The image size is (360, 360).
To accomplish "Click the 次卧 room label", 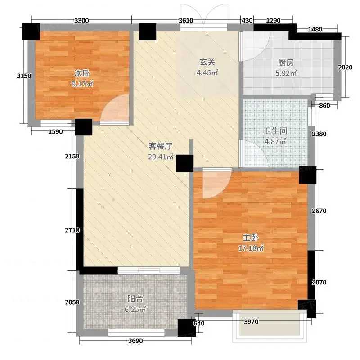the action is [x=82, y=73].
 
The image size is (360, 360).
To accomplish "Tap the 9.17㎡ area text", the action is [x=82, y=84].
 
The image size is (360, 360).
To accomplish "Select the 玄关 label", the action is [x=207, y=62].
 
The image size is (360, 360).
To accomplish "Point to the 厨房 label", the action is [x=286, y=63].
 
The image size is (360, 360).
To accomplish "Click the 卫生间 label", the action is [x=275, y=131].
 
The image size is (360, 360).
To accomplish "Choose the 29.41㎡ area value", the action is [x=161, y=157].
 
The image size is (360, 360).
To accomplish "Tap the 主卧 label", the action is [x=251, y=238].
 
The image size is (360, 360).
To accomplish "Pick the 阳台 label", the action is [x=135, y=299].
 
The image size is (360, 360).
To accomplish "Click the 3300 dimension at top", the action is [x=81, y=20].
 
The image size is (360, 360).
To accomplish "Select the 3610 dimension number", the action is [x=186, y=20].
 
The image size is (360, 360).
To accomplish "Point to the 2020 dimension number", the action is [x=345, y=67].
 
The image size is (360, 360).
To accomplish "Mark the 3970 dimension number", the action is [x=251, y=321].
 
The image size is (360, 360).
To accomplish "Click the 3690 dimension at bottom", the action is [x=135, y=341].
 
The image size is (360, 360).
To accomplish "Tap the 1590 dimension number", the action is [x=55, y=131].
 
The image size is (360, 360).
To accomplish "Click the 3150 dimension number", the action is [x=24, y=76].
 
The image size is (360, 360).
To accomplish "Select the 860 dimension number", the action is [x=324, y=106].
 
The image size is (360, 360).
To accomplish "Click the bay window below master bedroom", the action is [x=270, y=325].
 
